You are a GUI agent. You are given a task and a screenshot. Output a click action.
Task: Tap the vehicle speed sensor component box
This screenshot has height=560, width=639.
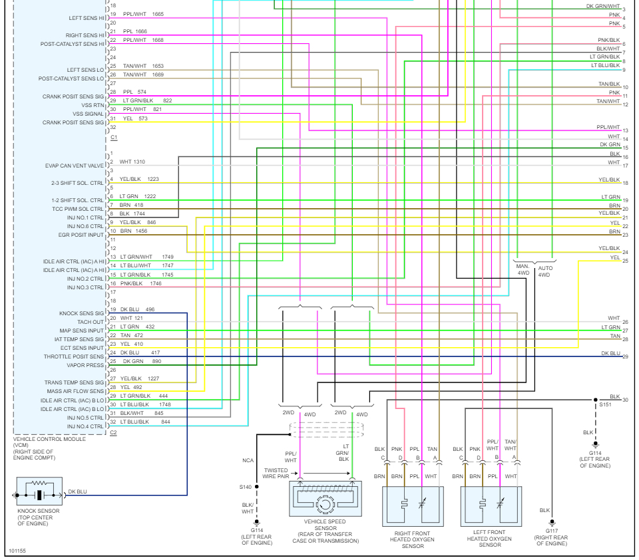325,499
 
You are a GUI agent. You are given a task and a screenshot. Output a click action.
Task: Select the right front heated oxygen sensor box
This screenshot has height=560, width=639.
412,506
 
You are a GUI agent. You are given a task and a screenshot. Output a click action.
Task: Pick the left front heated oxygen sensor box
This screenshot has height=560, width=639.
491,506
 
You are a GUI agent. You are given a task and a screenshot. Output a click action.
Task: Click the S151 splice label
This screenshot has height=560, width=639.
605,404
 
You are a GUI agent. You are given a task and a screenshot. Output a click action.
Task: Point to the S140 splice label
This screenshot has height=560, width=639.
246,487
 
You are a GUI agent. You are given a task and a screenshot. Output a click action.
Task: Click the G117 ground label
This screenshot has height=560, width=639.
551,531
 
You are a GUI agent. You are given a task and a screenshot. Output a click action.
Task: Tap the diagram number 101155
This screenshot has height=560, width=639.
17,551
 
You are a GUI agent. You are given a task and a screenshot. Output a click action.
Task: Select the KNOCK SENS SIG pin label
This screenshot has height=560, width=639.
82,313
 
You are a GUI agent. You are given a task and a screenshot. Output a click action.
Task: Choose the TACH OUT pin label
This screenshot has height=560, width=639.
91,322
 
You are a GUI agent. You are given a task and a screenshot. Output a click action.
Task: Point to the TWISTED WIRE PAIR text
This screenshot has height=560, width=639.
276,474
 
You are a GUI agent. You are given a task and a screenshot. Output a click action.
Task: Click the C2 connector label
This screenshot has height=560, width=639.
113,434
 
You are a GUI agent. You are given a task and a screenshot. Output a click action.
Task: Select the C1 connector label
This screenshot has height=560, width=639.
113,137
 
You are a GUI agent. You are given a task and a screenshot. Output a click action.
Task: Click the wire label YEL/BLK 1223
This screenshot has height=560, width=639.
139,180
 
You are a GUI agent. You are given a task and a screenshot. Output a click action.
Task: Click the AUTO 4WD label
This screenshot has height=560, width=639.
544,271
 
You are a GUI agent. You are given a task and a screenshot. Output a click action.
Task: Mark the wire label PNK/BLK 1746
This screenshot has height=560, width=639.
141,283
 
